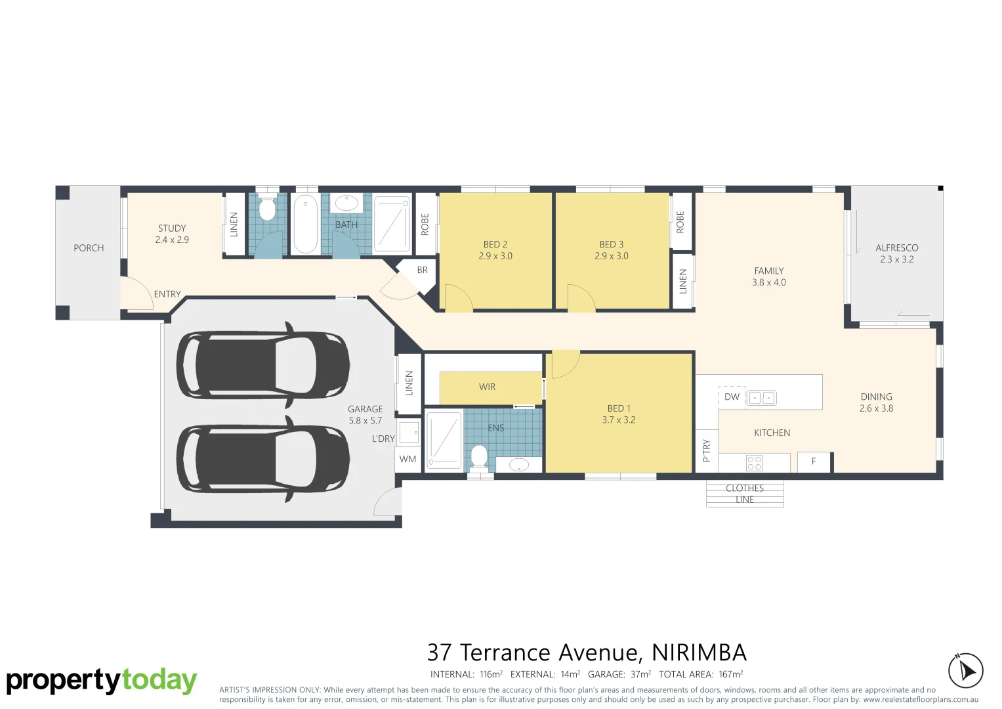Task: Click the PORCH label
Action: point(89,248)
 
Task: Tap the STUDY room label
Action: point(172,228)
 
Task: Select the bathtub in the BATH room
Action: point(305,224)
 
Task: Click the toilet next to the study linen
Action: point(267,209)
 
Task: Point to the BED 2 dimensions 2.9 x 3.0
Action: point(495,256)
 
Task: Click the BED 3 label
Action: point(611,244)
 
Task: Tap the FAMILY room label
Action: point(768,270)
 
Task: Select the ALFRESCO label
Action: point(896,247)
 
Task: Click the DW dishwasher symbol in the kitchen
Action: point(732,397)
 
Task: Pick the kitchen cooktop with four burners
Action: point(755,463)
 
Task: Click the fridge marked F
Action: point(814,462)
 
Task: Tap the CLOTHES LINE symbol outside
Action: point(745,494)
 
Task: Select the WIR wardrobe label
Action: point(487,387)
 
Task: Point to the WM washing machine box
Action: point(407,459)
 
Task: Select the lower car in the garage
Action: point(262,458)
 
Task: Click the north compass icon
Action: point(965,670)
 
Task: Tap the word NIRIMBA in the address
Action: point(699,653)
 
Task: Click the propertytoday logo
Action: point(102,681)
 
